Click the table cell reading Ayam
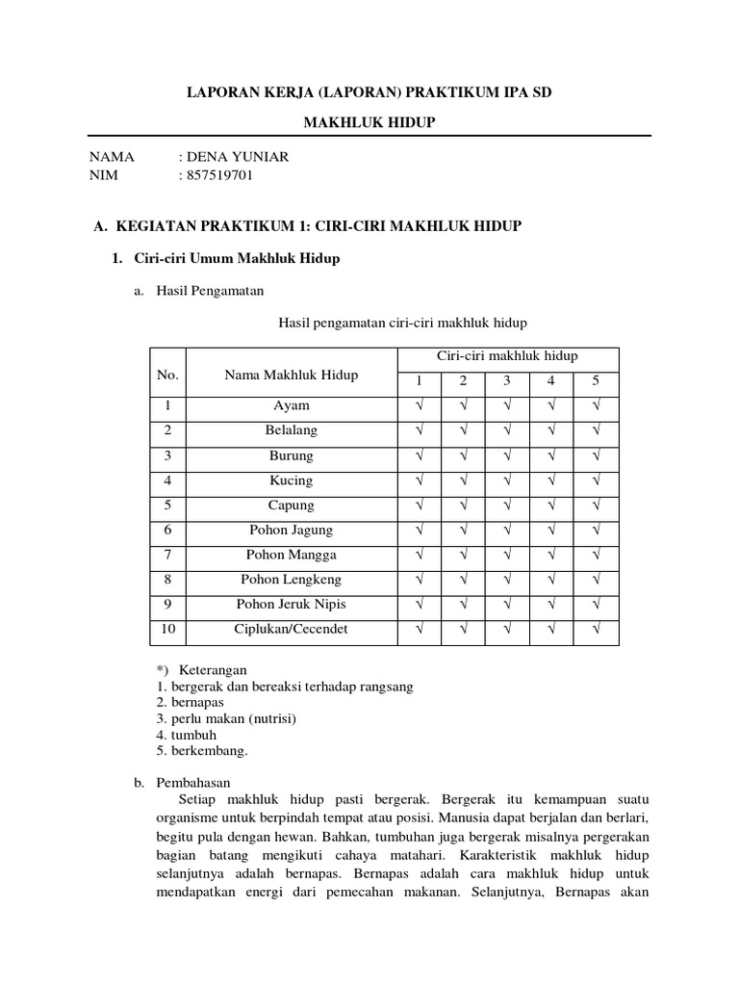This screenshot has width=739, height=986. pos(291,406)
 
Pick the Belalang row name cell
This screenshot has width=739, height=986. pos(291,430)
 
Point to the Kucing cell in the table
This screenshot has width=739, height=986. pos(291,480)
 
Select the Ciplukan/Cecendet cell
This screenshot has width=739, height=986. pos(291,630)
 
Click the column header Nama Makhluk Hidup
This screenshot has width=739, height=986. pos(291,376)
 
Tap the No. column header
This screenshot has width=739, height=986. pos(168,376)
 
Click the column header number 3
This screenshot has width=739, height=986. pos(506,381)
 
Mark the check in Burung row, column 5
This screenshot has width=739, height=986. pos(596,455)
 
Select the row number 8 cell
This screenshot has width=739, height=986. pos(167,580)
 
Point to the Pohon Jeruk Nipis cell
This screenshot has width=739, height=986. pos(291,605)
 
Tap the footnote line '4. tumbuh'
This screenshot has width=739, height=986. pos(187,735)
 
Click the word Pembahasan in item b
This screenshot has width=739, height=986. pos(192,783)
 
